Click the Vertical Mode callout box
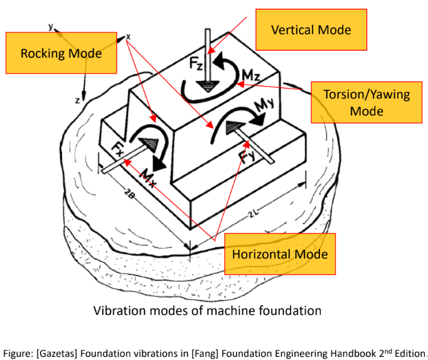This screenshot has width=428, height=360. pyautogui.click(x=311, y=30)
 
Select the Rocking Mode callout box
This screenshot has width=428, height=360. pyautogui.click(x=61, y=53)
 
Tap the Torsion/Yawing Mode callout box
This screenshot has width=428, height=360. pyautogui.click(x=366, y=102)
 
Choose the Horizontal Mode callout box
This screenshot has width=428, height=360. pyautogui.click(x=280, y=254)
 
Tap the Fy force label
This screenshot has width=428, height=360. pyautogui.click(x=247, y=152)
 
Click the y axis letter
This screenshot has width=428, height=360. pyautogui.click(x=49, y=26)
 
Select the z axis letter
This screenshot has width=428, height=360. pyautogui.click(x=77, y=100)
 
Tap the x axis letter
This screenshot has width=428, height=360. pyautogui.click(x=128, y=36)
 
